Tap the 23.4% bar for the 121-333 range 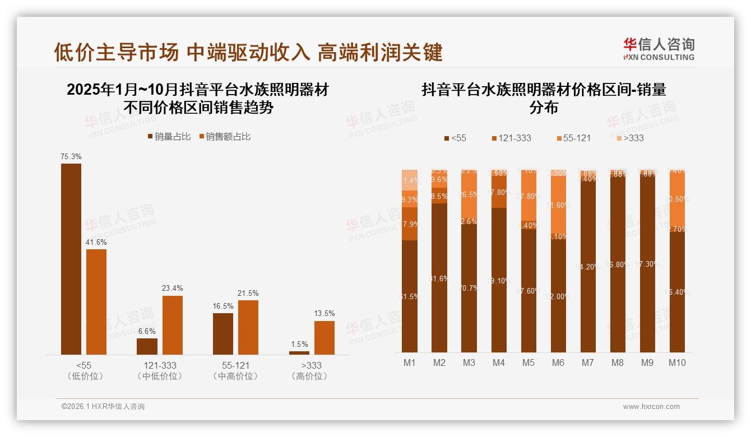[x=173, y=325]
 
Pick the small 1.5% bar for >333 [x=299, y=352]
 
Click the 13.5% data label [x=324, y=313]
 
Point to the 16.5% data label [x=223, y=305]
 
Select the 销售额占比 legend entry [x=224, y=137]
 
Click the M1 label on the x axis [x=410, y=363]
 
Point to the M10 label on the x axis [x=677, y=363]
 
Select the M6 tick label [x=558, y=363]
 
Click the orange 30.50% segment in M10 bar [x=677, y=199]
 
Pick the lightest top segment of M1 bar [x=410, y=180]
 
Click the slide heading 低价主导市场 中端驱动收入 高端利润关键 [x=248, y=52]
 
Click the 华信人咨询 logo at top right [x=659, y=49]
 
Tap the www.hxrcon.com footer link [x=651, y=407]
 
